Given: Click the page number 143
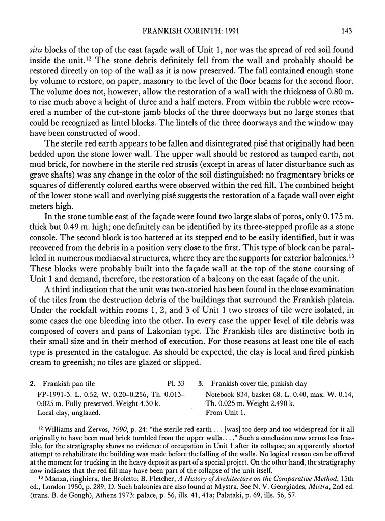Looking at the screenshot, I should [x=347, y=31].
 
